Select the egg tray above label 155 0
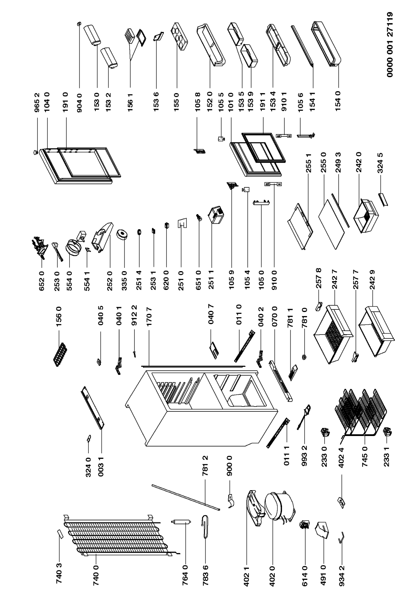[180, 37]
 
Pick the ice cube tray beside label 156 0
[60, 354]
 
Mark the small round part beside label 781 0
[304, 357]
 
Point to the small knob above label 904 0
[79, 24]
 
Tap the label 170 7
[149, 315]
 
